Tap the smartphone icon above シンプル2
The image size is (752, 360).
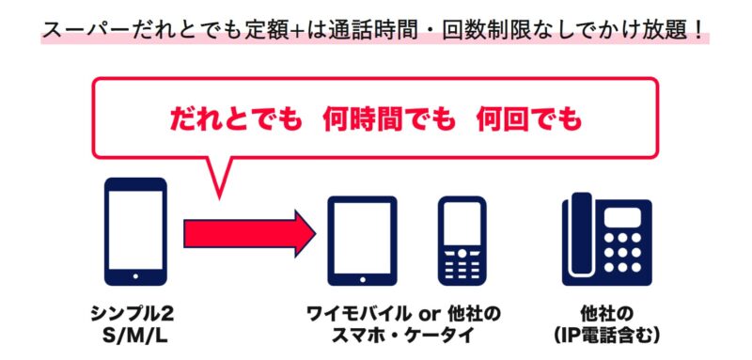[x=135, y=231]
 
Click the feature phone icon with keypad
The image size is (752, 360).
[x=462, y=241]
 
